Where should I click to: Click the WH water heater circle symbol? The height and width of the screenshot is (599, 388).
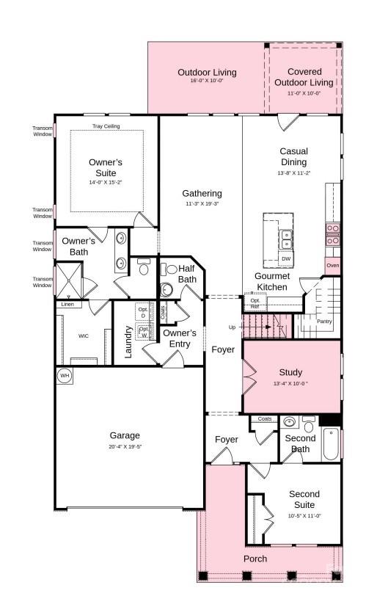(x=65, y=375)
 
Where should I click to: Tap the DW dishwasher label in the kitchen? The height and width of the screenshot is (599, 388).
(x=286, y=259)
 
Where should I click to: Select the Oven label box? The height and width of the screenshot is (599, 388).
(x=333, y=265)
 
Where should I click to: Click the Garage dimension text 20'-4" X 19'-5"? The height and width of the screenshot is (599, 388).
(x=125, y=446)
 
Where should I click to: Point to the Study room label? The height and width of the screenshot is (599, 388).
(x=290, y=372)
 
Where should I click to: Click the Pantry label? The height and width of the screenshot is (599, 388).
(x=324, y=321)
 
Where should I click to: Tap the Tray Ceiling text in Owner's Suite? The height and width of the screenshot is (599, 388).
(x=106, y=126)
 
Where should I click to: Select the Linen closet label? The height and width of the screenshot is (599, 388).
(x=67, y=304)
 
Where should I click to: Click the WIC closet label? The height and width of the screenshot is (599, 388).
(x=84, y=335)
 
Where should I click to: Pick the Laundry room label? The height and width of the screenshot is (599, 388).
(x=128, y=341)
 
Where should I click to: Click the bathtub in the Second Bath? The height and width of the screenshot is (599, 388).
(x=332, y=444)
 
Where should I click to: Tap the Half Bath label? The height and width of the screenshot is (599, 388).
(x=187, y=274)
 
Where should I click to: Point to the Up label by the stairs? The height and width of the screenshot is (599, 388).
(x=233, y=327)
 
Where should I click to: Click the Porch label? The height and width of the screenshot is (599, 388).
(x=255, y=559)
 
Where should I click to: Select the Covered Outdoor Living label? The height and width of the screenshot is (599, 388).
(x=304, y=77)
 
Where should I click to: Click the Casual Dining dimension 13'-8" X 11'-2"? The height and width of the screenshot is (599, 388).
(x=294, y=173)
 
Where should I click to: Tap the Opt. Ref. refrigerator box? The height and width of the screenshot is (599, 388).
(x=255, y=303)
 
